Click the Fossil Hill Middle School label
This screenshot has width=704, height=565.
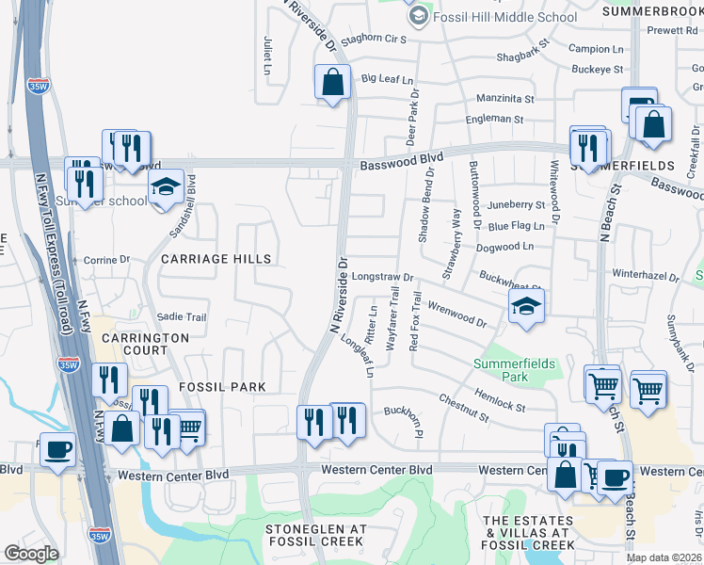click(x=504, y=17)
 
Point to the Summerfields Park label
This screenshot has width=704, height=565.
click(x=514, y=369)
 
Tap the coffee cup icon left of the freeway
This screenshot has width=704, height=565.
click(x=57, y=450)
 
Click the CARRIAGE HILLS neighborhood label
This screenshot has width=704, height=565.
click(x=216, y=259)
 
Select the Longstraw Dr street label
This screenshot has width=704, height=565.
click(x=384, y=277)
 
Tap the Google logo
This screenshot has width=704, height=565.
click(x=31, y=554)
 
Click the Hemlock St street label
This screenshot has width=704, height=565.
click(x=500, y=400)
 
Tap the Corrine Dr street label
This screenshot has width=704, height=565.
click(x=106, y=260)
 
